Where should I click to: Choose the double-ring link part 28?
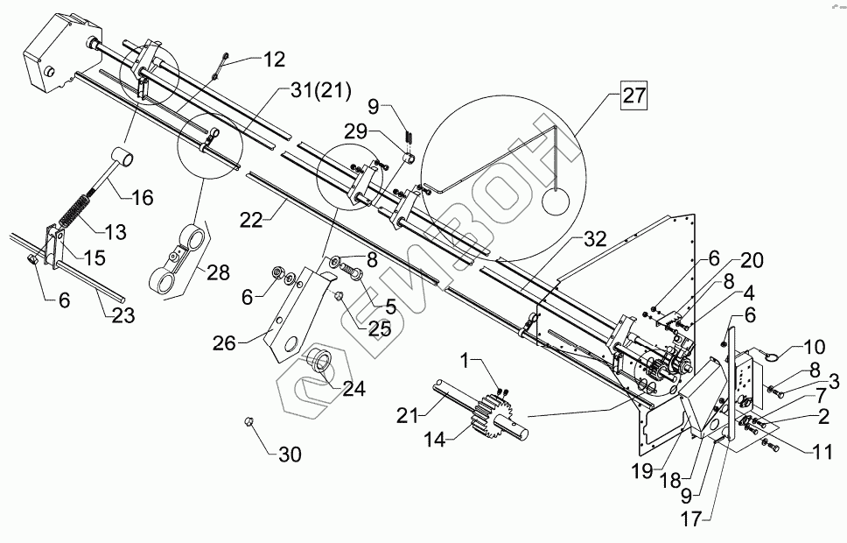tap(178, 258)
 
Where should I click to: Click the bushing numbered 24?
tap(318, 365)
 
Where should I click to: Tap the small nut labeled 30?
tap(248, 423)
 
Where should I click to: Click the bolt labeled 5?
tap(354, 276)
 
